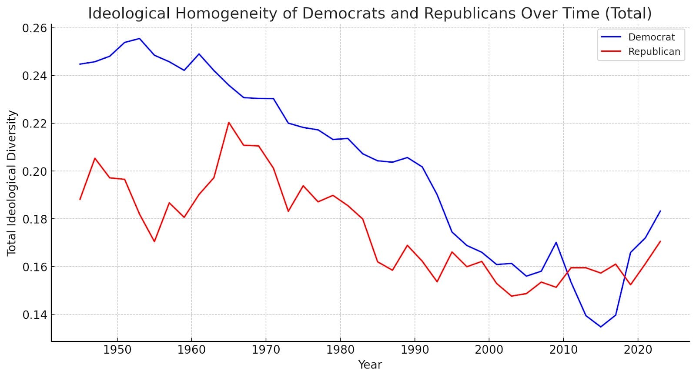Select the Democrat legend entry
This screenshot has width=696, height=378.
coord(651,37)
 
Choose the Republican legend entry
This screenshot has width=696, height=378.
coord(654,52)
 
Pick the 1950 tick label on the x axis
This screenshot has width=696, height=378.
coord(117,350)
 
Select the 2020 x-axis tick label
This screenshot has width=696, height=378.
coord(638,350)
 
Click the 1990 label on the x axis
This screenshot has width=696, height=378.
coord(415,350)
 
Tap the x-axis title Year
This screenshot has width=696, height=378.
coord(370,365)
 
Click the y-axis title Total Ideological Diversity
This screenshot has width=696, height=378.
coord(12,183)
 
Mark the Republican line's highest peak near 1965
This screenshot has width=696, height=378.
coord(228,122)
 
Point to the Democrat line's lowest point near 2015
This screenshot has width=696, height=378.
coord(601,327)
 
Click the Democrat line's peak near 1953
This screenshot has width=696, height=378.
coord(139,38)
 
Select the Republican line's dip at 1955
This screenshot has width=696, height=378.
coord(154,241)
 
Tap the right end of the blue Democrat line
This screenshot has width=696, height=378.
coord(660,211)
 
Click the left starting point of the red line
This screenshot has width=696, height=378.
coord(80,199)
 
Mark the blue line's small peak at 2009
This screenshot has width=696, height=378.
coord(556,242)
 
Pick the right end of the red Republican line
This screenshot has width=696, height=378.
coord(660,241)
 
